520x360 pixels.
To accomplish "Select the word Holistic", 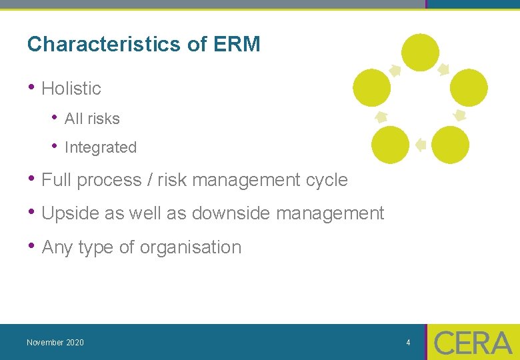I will [71, 88].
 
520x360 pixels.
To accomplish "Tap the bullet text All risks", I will [92, 119].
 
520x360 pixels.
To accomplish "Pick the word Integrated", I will [101, 147].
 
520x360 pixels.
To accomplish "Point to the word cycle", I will [327, 180].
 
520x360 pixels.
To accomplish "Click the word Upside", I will [67, 213].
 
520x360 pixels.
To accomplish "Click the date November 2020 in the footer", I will [55, 343].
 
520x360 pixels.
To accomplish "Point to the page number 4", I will [408, 343].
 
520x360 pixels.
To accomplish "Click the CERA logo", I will [473, 343].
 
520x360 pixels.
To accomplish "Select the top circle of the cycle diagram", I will [421, 53].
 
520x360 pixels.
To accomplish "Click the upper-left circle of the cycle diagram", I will [371, 88].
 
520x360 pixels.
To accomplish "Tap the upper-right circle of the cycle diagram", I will [469, 88].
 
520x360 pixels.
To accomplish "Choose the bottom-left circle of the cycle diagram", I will [390, 145].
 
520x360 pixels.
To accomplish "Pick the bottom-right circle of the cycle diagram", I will [451, 145].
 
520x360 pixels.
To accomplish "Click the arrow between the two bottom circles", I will [420, 144].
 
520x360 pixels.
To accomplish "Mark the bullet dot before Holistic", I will [31, 87].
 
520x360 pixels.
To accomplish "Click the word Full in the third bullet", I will [56, 180].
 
